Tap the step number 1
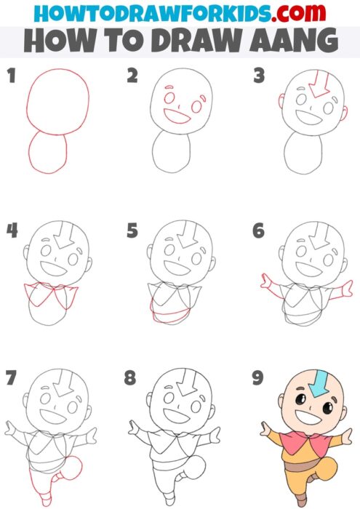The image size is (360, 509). tap(12, 76)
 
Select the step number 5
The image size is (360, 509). tap(132, 231)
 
